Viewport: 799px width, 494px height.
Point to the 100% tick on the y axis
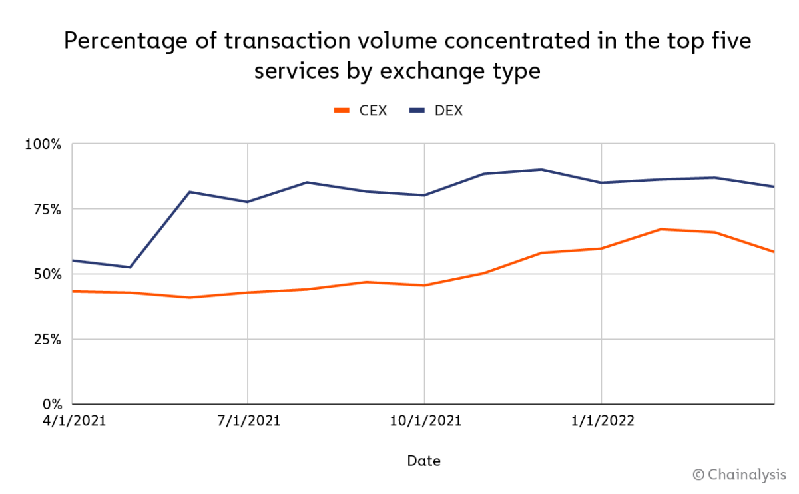(x=43, y=144)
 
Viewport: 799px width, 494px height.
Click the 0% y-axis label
(x=51, y=404)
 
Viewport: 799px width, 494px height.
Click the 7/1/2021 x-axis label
(x=248, y=421)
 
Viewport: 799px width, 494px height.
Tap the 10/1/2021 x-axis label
(x=424, y=421)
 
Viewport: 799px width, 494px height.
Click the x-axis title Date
(x=423, y=461)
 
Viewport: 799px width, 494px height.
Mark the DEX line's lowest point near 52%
(x=130, y=267)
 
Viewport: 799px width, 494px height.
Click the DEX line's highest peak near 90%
(x=542, y=170)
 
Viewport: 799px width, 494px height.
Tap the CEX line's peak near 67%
(x=660, y=229)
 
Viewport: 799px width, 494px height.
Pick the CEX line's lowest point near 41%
(x=190, y=297)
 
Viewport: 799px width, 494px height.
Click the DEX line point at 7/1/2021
(x=248, y=202)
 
